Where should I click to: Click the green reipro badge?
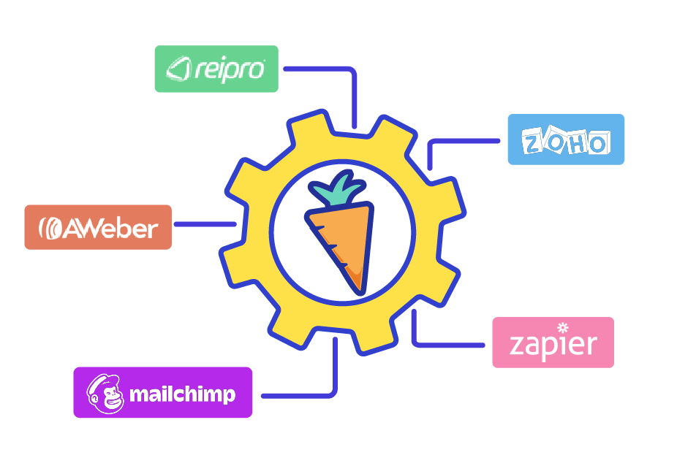pos(216,69)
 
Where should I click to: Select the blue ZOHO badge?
pos(566,139)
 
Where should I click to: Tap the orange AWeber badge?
pos(98,227)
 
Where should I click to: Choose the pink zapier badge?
pos(553,343)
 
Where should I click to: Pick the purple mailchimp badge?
pos(162,392)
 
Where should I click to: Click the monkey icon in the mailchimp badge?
pos(105,394)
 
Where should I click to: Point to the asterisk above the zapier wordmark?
pos(562,326)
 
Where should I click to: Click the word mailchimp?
pos(182,394)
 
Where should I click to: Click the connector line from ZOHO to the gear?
pos(453,141)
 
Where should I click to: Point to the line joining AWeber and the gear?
pos(203,224)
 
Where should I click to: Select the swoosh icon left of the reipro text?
pos(179,69)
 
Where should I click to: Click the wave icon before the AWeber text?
pos(51,229)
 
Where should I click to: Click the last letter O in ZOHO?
pos(597,143)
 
